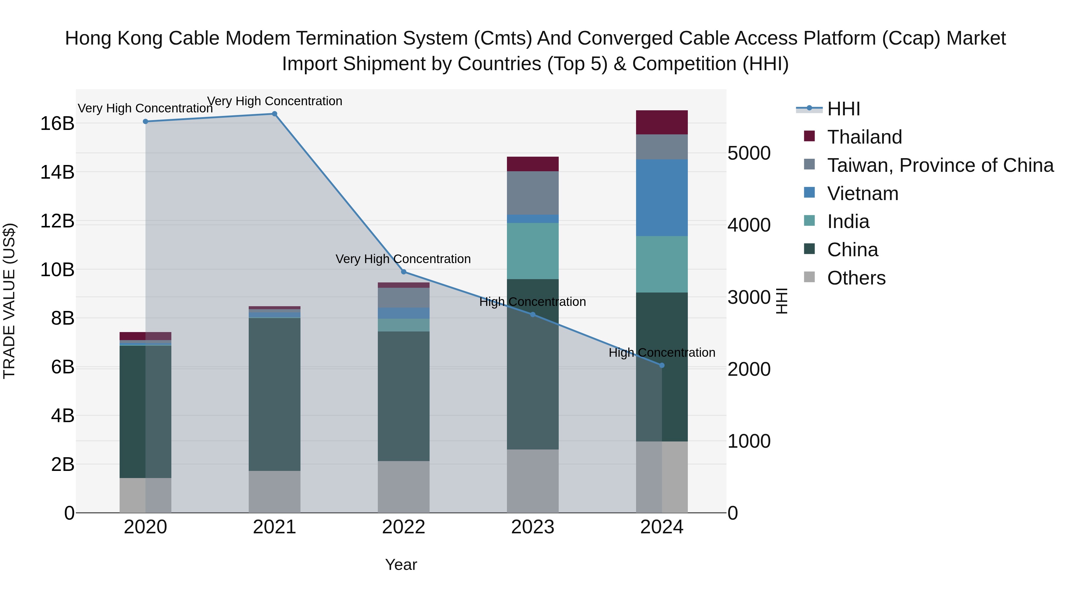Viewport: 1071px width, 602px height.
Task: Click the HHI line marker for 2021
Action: pyautogui.click(x=274, y=114)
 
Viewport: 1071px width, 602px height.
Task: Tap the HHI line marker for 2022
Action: pyautogui.click(x=404, y=272)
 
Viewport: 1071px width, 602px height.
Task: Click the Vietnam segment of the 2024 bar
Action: pyautogui.click(x=662, y=198)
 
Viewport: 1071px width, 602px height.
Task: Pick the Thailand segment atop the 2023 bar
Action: pyautogui.click(x=533, y=164)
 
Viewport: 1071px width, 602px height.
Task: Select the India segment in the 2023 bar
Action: pyautogui.click(x=533, y=251)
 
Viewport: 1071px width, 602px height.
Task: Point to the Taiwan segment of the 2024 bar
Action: pyautogui.click(x=662, y=147)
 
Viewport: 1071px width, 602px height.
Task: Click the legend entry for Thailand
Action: pyautogui.click(x=864, y=137)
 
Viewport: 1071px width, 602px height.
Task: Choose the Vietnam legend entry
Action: pyautogui.click(x=862, y=194)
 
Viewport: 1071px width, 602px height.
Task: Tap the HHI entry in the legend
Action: pyautogui.click(x=843, y=109)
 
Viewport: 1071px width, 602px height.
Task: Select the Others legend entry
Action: pyautogui.click(x=856, y=278)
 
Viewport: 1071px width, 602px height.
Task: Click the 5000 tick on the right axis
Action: pyautogui.click(x=749, y=153)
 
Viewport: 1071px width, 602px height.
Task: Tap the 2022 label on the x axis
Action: pyautogui.click(x=403, y=527)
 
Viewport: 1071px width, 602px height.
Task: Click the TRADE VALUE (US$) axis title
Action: pyautogui.click(x=9, y=301)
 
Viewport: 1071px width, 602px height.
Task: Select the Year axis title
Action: pyautogui.click(x=401, y=565)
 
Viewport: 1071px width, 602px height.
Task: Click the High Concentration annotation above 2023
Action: pyautogui.click(x=533, y=302)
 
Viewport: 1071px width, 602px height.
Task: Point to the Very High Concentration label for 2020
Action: pyautogui.click(x=145, y=108)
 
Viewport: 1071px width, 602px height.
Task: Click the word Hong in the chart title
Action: pyautogui.click(x=89, y=38)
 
